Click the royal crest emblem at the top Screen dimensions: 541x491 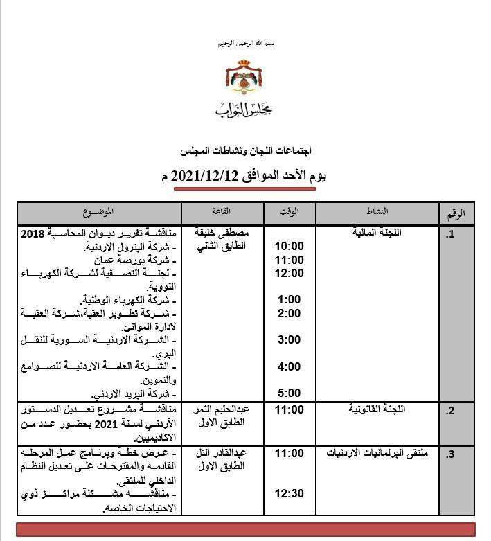[245, 77]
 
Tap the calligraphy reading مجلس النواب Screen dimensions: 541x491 [245, 109]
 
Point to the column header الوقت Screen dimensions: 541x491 [288, 211]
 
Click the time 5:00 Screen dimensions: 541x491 [288, 393]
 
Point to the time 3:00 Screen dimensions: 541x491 [288, 339]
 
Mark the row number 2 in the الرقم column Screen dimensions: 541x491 [451, 411]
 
